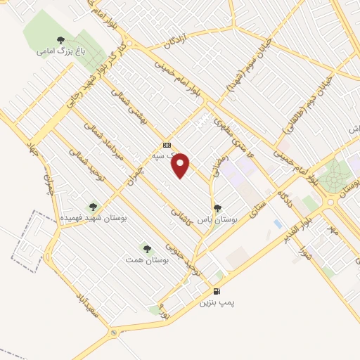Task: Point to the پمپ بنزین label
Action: point(215,302)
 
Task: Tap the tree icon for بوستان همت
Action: point(146,248)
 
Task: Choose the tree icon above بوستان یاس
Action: point(217,208)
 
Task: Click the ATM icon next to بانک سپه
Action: point(166,140)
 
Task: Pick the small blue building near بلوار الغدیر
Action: point(278,224)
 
